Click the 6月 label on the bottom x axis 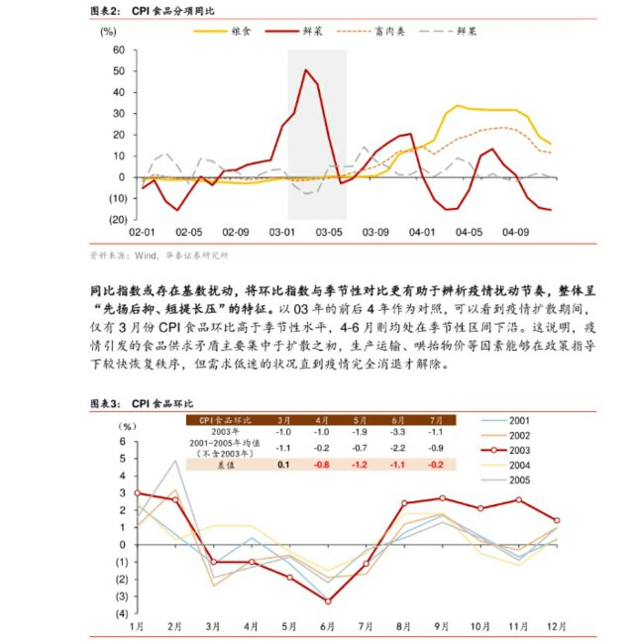pos(328,627)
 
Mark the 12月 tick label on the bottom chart pos(557,627)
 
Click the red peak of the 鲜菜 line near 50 pos(306,70)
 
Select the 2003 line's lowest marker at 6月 pos(328,600)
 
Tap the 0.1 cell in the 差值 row pos(283,463)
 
